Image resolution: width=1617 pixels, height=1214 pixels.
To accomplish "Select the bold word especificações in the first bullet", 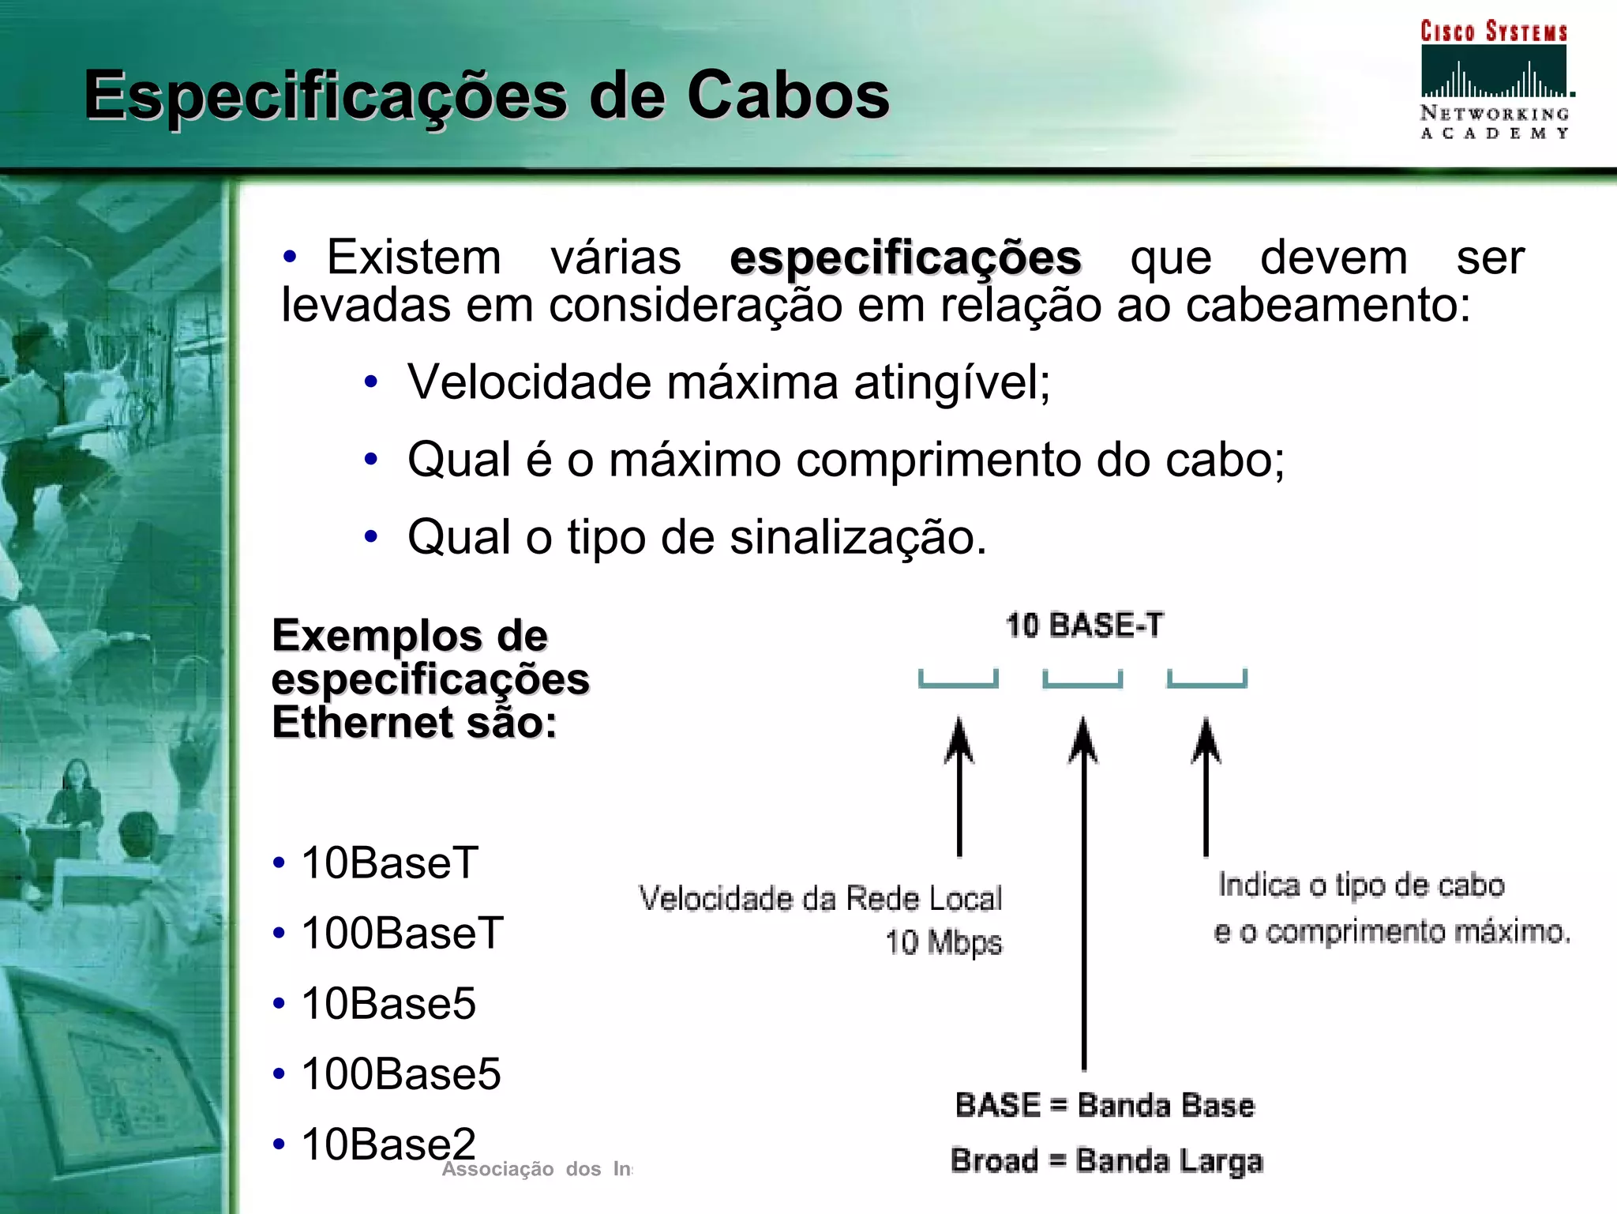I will (x=905, y=258).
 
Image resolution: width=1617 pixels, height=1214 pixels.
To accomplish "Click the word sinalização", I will (x=857, y=537).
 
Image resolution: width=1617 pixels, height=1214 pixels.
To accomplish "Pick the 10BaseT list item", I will (x=389, y=863).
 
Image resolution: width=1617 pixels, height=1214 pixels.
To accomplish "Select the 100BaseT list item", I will (x=402, y=933).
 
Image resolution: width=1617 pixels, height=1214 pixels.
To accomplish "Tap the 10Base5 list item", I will (x=388, y=1003).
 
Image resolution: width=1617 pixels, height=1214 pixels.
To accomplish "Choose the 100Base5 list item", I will (x=401, y=1073).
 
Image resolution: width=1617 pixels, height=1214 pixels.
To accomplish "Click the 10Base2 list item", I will (x=388, y=1144).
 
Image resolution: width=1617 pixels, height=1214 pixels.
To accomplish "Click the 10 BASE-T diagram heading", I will (x=1084, y=626).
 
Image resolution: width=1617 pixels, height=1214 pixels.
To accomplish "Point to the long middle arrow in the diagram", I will (x=1083, y=893).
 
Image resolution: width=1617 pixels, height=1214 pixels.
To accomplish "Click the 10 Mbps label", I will (x=943, y=942).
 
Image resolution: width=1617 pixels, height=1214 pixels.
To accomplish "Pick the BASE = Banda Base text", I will (x=1104, y=1105).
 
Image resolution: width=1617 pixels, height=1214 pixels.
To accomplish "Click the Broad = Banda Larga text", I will (x=1106, y=1161).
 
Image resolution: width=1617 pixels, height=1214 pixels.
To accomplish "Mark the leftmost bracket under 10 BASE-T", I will (x=959, y=680).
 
